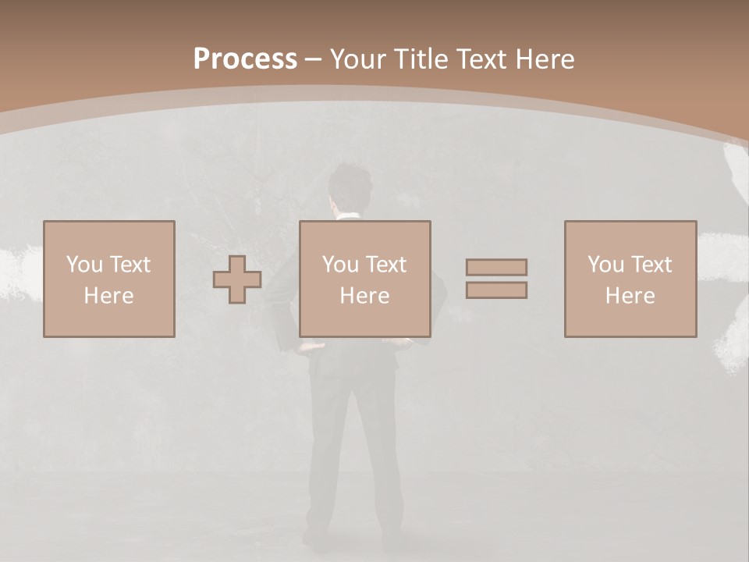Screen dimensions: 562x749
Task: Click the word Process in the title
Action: (245, 59)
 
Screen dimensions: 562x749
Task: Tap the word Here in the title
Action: (544, 59)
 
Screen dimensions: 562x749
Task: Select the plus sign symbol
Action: (237, 279)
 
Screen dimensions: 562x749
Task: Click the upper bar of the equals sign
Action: (496, 268)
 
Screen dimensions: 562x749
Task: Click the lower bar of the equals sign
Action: (496, 290)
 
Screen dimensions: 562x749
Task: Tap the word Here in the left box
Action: (108, 296)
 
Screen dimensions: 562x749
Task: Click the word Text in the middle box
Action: (386, 265)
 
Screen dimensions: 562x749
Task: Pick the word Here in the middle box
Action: (365, 296)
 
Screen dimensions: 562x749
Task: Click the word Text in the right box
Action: (651, 265)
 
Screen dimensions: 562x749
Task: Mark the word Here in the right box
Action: (630, 296)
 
